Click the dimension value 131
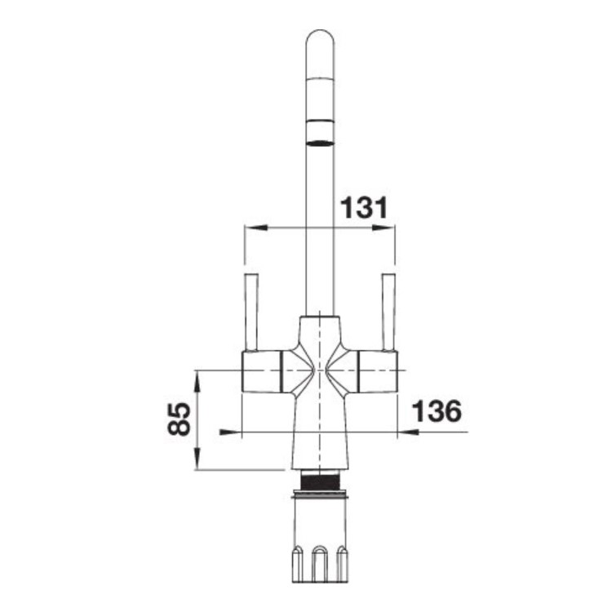[364, 207]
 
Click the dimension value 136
[437, 410]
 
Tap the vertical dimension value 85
[180, 419]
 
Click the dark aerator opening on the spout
[320, 143]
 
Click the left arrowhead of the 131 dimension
[256, 227]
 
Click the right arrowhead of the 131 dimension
[384, 227]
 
